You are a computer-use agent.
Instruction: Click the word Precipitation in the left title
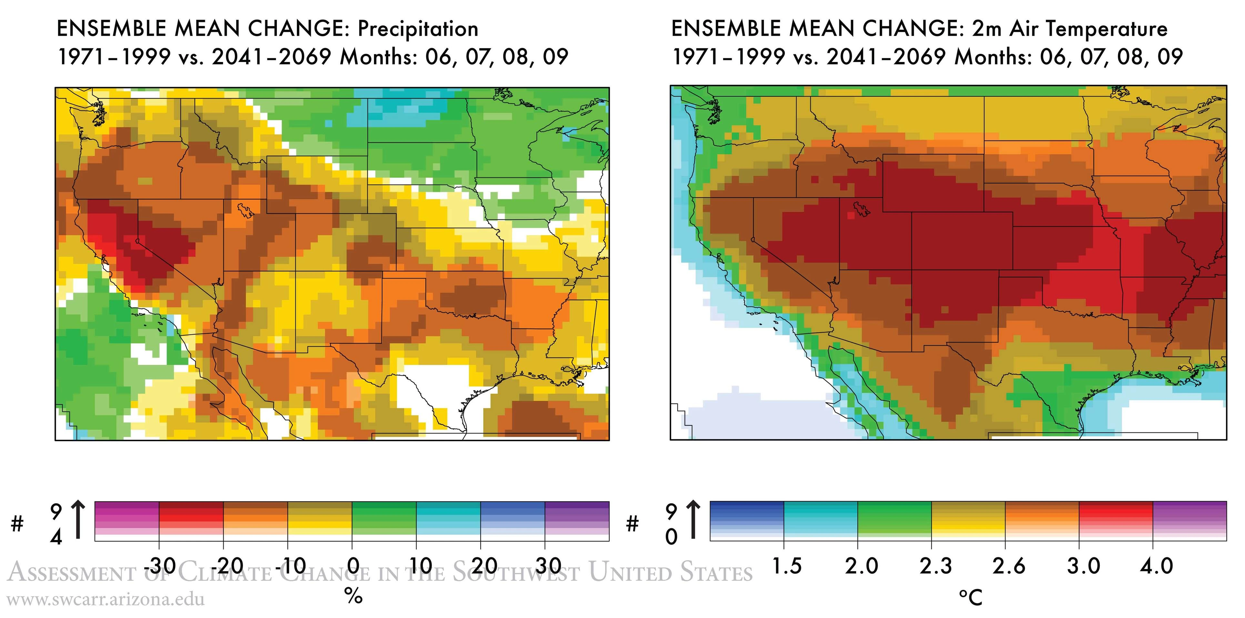coord(418,29)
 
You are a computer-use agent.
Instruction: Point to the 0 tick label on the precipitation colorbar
coord(353,565)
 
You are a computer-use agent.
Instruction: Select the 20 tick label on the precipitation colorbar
coord(484,565)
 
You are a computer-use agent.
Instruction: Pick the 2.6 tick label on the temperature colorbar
coord(1009,566)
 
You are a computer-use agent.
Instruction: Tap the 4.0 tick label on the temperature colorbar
coord(1157,566)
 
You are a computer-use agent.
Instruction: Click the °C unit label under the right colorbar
coord(970,598)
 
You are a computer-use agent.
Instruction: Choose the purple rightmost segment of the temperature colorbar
coord(1189,521)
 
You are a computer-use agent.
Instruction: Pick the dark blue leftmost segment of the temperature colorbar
coord(747,521)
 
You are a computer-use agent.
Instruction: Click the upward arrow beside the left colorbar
coord(78,520)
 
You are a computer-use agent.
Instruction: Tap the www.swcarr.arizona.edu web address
coord(106,600)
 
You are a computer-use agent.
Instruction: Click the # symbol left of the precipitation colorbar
coord(17,523)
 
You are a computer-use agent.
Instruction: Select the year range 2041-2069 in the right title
coord(886,57)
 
